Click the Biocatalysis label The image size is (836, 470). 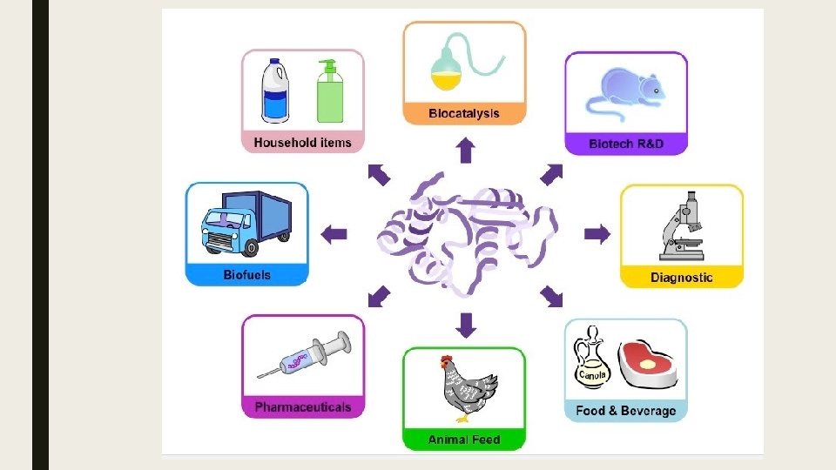(464, 114)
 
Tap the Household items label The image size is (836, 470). (302, 142)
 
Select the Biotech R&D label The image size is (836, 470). (625, 144)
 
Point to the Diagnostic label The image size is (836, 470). (681, 278)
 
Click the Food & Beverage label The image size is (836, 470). (625, 410)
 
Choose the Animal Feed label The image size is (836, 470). (464, 440)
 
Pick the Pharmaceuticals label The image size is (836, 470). (302, 406)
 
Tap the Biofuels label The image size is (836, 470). (246, 275)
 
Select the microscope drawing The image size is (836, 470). (682, 227)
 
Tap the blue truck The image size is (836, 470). (246, 223)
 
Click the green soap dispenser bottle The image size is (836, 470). (329, 94)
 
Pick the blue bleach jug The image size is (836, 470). (276, 91)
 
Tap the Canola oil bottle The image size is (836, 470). (591, 361)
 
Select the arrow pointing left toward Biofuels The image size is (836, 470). (334, 233)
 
